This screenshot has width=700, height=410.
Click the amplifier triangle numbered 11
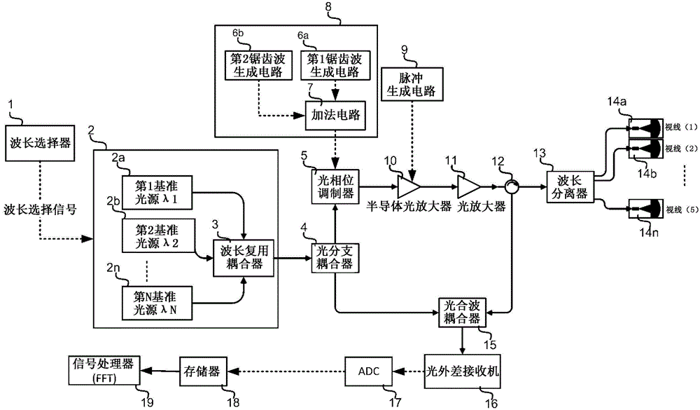pos(468,187)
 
